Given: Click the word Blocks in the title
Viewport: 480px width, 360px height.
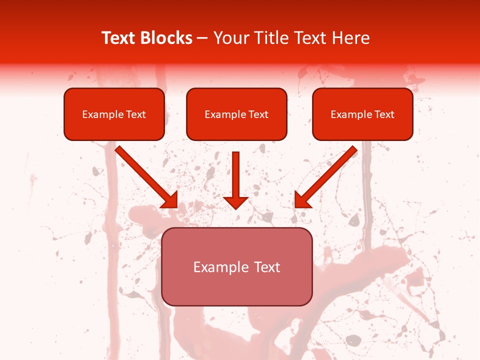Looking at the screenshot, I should [167, 38].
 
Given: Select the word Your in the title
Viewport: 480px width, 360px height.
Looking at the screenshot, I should [228, 38].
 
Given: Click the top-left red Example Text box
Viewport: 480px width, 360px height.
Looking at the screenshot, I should [114, 114].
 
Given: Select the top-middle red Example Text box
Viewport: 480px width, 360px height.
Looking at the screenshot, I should [236, 114].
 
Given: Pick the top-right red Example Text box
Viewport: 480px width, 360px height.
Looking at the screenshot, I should [362, 114].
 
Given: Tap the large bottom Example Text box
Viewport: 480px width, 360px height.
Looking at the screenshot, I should [237, 266].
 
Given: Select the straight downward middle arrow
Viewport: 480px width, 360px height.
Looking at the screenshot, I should [235, 177].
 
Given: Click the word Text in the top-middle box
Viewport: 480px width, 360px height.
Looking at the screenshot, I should [258, 114].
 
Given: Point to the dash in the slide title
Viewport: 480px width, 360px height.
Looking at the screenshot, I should [202, 38].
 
